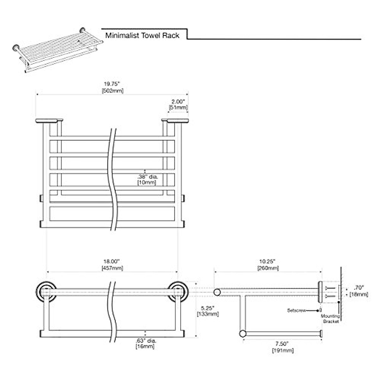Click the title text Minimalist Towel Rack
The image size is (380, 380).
coord(142,35)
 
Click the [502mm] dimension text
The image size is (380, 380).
coord(112,91)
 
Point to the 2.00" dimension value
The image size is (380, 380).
coord(178,102)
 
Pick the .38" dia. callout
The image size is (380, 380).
coord(147,177)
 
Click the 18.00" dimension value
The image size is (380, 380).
coord(112,262)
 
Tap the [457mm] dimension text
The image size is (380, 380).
coord(112,268)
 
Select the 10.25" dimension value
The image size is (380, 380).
coord(268,262)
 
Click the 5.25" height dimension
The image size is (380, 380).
coord(208,308)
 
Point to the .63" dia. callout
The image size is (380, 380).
coord(146,341)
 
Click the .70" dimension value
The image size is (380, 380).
coord(359,288)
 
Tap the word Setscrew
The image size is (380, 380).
coord(296,311)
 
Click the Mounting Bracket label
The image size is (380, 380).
coord(331,319)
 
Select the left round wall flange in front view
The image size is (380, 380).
coord(46,292)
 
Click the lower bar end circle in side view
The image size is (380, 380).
coord(243,333)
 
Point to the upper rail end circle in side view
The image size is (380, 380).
coord(217,292)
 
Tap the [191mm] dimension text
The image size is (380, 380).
coord(282,351)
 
